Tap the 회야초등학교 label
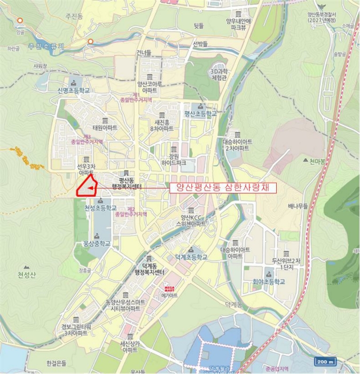[x=269, y=282]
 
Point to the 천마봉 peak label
[x=319, y=161]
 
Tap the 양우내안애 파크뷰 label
[x=238, y=24]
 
